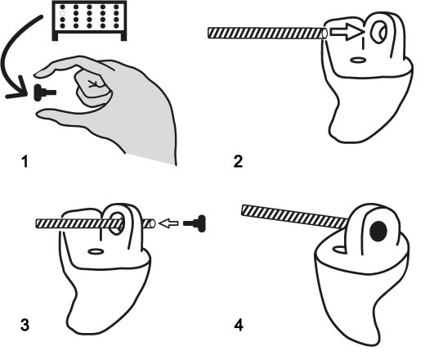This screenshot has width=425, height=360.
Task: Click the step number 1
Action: point(25,161)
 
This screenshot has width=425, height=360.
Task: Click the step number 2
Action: point(238,161)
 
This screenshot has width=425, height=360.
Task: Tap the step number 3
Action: point(25,325)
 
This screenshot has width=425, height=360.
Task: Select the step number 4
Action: point(239,325)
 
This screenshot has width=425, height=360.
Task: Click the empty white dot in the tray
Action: point(62,13)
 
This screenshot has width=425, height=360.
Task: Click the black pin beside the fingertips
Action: point(44,92)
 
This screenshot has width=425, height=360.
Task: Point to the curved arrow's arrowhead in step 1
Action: point(18,89)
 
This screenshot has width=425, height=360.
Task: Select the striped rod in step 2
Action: point(267,33)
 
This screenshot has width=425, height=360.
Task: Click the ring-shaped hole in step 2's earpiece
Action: point(378,32)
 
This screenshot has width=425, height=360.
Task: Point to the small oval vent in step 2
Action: point(358,60)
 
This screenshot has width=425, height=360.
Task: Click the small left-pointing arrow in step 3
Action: point(168,223)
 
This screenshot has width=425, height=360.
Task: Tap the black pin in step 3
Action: point(195,223)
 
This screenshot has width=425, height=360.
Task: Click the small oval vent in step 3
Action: point(96,251)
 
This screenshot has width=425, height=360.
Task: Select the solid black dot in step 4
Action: point(378,232)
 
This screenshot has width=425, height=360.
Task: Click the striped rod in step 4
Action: point(295,216)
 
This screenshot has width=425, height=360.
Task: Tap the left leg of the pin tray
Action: point(55,37)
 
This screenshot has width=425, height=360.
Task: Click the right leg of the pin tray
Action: point(123,37)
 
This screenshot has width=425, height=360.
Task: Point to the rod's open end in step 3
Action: point(152,224)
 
